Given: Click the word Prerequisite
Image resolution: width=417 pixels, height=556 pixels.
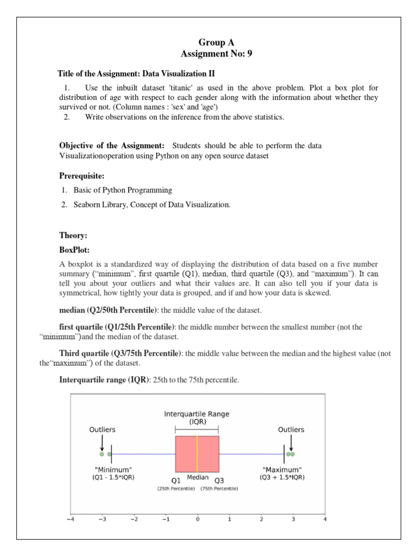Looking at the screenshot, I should [81, 176].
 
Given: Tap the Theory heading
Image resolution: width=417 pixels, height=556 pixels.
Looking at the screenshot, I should [73, 235].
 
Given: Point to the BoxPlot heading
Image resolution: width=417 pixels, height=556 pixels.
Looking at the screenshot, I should [75, 251].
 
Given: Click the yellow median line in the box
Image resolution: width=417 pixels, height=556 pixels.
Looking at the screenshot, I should [197, 454].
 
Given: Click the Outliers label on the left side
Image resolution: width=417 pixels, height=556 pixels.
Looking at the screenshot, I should [102, 429].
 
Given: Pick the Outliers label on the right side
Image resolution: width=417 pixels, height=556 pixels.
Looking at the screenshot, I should [291, 429].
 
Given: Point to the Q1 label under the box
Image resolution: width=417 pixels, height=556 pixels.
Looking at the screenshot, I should [176, 481].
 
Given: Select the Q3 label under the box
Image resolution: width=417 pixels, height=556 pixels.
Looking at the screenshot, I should [218, 481].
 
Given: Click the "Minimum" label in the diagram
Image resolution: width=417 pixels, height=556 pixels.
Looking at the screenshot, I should [113, 469].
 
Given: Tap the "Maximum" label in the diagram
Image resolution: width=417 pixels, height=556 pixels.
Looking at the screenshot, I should [282, 469].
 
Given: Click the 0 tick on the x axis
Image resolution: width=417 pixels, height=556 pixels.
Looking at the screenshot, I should [198, 519].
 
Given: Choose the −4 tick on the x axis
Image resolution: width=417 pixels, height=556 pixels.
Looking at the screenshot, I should [70, 519].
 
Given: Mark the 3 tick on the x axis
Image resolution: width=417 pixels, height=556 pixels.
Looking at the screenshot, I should [293, 519].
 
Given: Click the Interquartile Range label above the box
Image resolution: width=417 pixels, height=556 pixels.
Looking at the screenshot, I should [197, 414].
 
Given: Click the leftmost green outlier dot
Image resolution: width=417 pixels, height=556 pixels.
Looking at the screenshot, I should [102, 454].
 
